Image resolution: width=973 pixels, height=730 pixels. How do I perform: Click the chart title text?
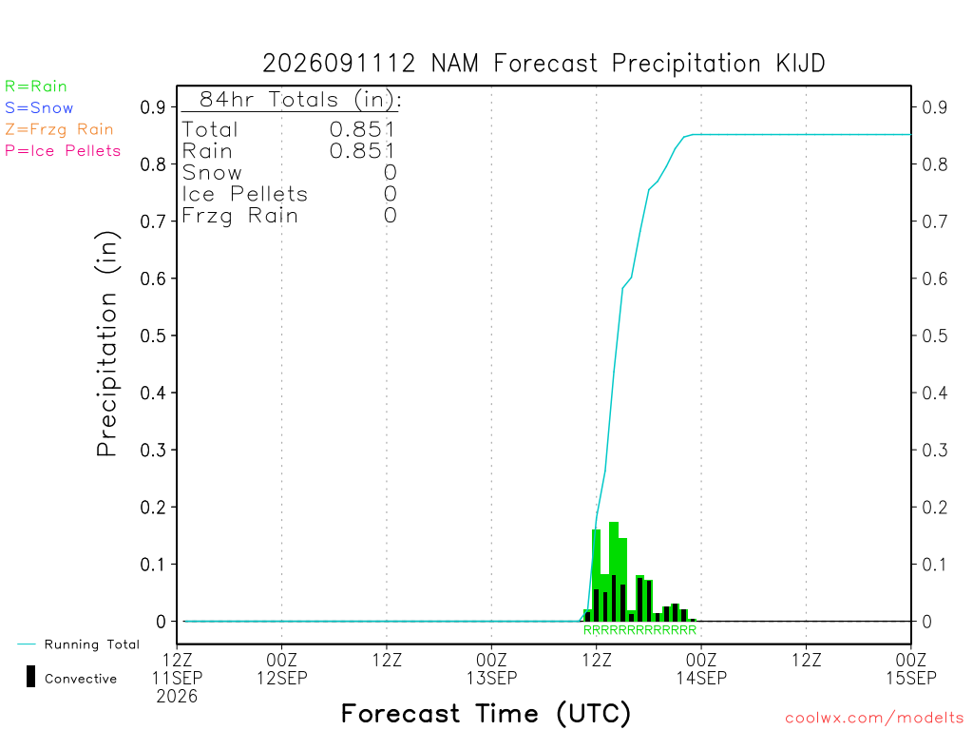coord(544,64)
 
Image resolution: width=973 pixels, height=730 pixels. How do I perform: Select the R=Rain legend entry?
coord(36,86)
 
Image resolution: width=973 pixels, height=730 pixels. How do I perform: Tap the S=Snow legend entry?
coord(39,108)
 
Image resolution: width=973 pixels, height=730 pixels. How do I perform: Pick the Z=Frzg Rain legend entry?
coord(59,129)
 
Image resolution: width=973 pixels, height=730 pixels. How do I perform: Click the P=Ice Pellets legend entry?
coord(63,151)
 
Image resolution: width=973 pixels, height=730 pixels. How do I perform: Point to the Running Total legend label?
coord(92,644)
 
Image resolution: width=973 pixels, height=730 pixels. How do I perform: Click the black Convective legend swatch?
coord(30,677)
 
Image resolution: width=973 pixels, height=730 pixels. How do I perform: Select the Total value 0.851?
coord(362,129)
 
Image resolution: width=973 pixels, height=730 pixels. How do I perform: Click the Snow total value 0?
coord(390,173)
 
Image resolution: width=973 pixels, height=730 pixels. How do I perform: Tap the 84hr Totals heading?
coord(300,99)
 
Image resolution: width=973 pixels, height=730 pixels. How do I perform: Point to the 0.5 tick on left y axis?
coord(153,336)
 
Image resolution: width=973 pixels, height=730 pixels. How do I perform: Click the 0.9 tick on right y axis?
coord(935,107)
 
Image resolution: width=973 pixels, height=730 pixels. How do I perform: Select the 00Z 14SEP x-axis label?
coord(701,668)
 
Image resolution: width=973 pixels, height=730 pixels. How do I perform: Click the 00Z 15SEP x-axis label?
coord(911,668)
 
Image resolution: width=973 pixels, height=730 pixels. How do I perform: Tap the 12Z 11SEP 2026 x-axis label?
coord(177,678)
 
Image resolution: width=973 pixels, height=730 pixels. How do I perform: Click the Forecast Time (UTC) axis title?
coord(486,714)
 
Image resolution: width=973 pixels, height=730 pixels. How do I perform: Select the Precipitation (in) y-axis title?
coord(106,343)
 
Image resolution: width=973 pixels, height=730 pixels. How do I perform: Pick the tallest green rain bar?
coord(614,571)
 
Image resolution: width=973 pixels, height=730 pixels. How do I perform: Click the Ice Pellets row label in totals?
coord(244,194)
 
